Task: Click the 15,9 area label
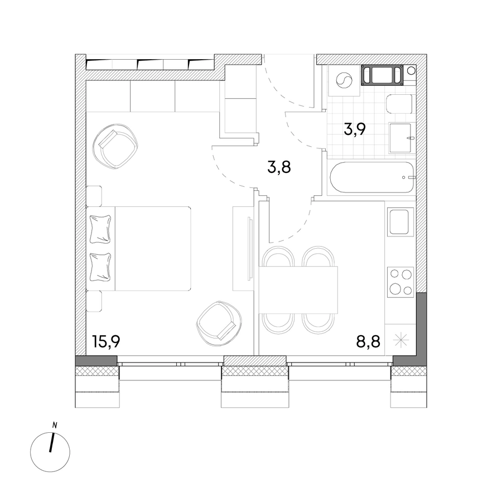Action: pos(106,341)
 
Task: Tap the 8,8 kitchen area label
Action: pos(368,341)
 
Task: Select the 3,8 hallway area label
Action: pos(279,167)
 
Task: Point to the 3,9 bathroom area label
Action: pos(355,129)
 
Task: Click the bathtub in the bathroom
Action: pos(371,177)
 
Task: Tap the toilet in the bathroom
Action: pos(400,104)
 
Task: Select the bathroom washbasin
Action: pos(402,138)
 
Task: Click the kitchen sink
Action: pos(400,222)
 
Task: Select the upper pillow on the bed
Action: pos(101,229)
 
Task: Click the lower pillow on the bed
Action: pos(101,267)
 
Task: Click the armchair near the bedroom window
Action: pos(219,324)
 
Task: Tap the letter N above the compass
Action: pos(55,426)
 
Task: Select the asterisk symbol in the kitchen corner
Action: pos(400,340)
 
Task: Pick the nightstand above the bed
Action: pos(94,196)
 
